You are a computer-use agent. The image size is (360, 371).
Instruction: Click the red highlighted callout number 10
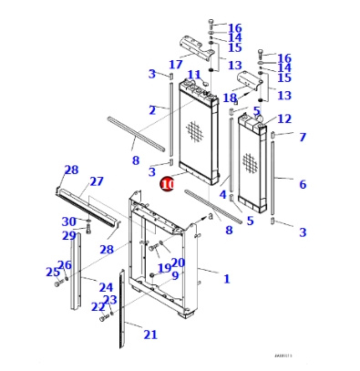167,183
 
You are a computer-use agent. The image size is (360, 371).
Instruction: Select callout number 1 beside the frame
226,278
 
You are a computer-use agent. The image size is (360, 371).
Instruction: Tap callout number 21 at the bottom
150,335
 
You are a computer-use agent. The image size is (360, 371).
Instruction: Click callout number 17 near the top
176,64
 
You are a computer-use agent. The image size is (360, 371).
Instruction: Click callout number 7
303,137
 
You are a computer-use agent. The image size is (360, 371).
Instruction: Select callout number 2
152,109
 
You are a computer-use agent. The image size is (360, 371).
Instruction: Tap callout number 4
222,194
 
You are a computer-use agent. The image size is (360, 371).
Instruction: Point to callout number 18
230,98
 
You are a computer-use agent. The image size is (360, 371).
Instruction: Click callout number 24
106,287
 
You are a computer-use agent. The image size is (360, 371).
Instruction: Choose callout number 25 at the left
52,272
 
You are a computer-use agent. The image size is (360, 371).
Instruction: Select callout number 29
68,236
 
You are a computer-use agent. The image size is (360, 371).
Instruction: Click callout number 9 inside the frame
174,275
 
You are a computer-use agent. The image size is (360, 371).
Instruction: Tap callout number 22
98,307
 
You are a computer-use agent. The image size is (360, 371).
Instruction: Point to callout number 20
178,263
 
